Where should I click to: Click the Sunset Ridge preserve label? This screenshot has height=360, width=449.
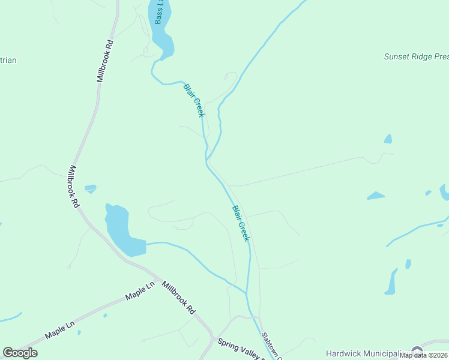click(416, 57)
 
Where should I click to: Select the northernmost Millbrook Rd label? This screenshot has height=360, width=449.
click(104, 61)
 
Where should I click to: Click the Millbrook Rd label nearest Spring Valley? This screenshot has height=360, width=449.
click(179, 299)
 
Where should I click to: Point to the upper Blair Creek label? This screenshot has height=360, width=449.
click(194, 100)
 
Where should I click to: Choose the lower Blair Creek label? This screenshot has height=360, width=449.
click(241, 223)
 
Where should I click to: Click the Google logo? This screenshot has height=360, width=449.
click(20, 353)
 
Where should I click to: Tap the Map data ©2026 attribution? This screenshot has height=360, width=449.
click(424, 355)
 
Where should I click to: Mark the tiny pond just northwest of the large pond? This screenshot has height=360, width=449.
click(91, 188)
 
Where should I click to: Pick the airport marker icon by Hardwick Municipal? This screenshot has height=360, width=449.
click(417, 352)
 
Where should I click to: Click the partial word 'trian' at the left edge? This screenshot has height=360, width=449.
click(8, 60)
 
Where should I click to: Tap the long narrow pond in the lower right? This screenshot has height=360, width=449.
click(391, 282)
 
